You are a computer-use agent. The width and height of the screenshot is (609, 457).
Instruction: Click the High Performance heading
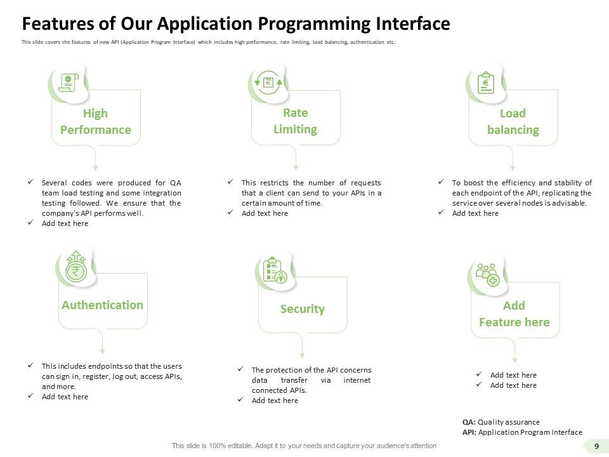95,121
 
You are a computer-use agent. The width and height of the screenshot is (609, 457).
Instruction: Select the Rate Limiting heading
295,121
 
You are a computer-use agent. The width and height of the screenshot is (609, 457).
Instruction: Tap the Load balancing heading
513,121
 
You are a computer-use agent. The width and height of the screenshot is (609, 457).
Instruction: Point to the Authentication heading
102,305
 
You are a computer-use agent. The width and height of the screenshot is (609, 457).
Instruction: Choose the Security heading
302,308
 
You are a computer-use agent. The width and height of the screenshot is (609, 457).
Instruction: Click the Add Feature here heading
514,314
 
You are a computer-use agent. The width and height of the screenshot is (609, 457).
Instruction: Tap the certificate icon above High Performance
68,83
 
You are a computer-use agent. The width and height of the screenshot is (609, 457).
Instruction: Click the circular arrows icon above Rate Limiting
268,82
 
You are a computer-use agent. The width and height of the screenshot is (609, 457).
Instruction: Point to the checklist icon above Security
275,270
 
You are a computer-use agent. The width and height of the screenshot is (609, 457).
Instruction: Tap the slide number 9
596,446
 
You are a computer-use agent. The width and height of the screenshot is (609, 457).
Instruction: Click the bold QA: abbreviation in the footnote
469,422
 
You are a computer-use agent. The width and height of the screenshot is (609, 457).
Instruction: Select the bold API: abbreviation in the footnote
469,432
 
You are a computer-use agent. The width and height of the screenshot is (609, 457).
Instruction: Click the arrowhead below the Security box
302,355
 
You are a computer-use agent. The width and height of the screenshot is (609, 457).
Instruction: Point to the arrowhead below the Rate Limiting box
296,167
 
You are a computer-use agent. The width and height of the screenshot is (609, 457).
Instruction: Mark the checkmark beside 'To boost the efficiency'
441,182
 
